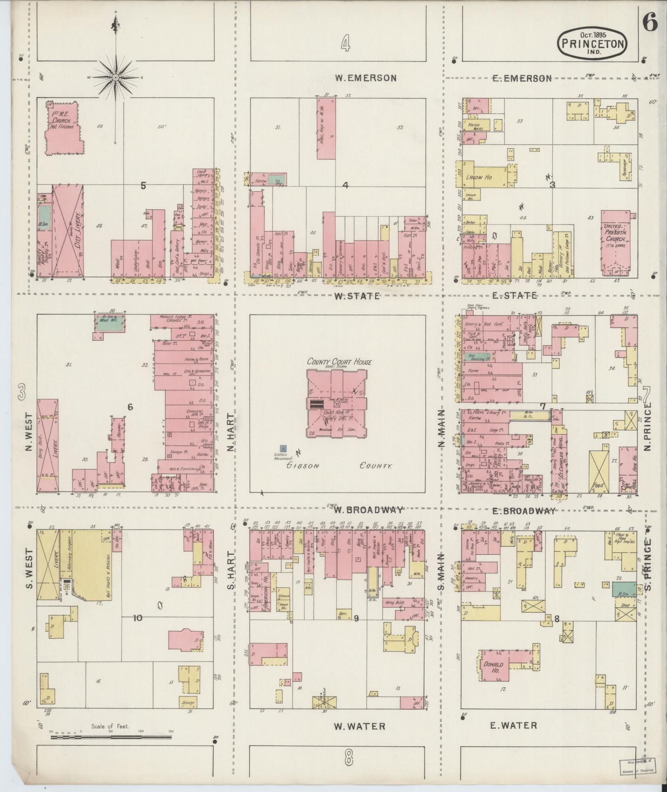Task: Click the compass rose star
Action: (114, 78)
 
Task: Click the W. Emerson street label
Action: (366, 78)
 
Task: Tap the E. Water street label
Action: (513, 725)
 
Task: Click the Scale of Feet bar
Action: (111, 737)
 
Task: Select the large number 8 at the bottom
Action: (348, 757)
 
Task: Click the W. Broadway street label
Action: (369, 510)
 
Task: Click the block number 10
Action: (138, 618)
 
